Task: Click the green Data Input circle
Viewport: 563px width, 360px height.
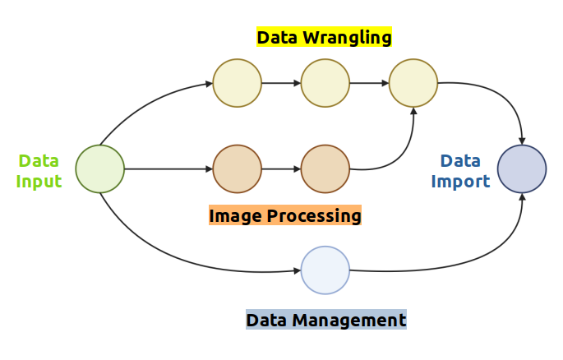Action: [99, 169]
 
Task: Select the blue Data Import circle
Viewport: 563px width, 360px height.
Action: [522, 168]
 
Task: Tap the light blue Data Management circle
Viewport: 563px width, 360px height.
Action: [325, 270]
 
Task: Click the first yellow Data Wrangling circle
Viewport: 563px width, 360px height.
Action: [237, 83]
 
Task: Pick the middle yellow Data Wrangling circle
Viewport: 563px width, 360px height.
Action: [325, 83]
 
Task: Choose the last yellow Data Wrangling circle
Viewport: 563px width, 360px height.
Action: [413, 83]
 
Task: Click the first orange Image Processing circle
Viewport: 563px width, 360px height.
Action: [237, 168]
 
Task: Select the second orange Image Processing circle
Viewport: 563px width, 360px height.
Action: [325, 168]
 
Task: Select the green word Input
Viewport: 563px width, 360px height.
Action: [39, 182]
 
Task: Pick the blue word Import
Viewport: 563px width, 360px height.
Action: [460, 182]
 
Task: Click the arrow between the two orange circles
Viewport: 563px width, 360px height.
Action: [281, 168]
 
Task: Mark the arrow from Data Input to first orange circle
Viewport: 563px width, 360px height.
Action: [168, 168]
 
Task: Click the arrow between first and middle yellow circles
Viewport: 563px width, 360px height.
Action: [281, 83]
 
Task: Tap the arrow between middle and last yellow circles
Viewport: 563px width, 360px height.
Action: [370, 83]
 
